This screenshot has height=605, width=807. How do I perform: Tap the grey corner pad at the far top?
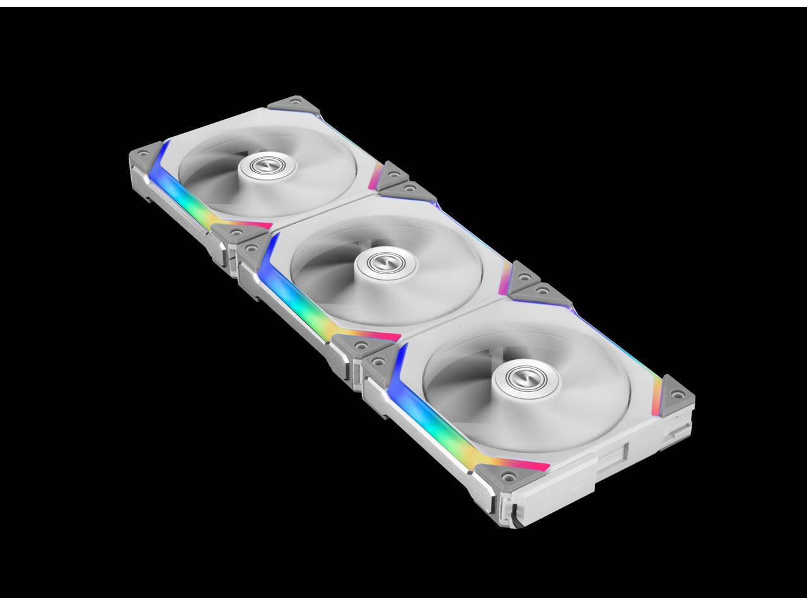point(285,103)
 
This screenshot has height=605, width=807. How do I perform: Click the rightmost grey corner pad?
point(675,392)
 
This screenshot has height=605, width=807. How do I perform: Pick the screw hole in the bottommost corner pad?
point(505,476)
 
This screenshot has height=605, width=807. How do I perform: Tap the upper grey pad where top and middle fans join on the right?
point(393,174)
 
